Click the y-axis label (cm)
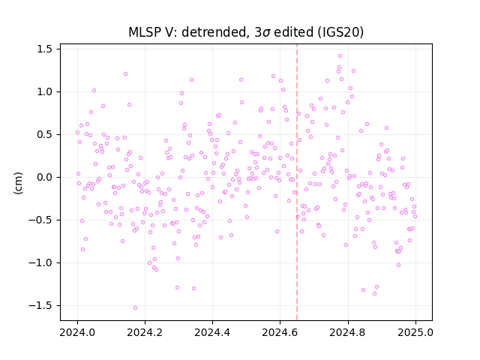click(18, 183)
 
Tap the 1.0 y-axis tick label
click(44, 91)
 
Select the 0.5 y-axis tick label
click(44, 135)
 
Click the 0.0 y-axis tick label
click(44, 177)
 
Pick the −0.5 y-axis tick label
click(40, 220)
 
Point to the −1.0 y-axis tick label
click(40, 263)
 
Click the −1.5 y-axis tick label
click(40, 305)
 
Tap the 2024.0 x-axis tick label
click(77, 332)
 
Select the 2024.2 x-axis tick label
click(145, 332)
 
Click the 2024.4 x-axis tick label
click(212, 332)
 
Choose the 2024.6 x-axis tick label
click(280, 332)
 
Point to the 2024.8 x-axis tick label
click(347, 332)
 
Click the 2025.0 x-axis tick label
click(415, 332)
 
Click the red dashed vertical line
click(297, 182)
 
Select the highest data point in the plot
click(340, 56)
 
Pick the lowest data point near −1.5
click(135, 308)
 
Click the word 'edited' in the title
click(293, 32)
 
